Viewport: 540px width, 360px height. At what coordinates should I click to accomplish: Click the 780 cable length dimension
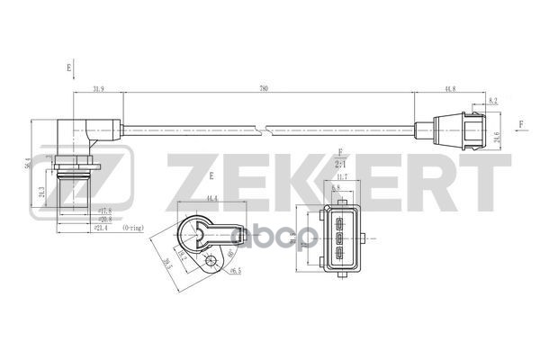tap(263, 88)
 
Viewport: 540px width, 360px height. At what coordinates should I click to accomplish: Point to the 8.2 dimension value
tap(494, 102)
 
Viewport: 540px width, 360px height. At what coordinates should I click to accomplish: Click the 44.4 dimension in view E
tap(212, 197)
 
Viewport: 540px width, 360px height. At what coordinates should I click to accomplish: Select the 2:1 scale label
tap(341, 166)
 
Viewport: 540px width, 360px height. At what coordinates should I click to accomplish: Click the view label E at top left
tap(68, 67)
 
